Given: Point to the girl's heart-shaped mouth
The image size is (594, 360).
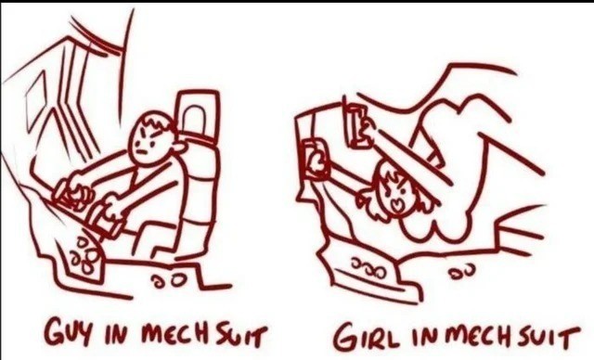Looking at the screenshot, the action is coord(395,205).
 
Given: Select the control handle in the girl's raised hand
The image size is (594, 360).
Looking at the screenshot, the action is coord(355,125).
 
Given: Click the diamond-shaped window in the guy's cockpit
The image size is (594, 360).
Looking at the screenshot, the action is coord(37,99).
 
